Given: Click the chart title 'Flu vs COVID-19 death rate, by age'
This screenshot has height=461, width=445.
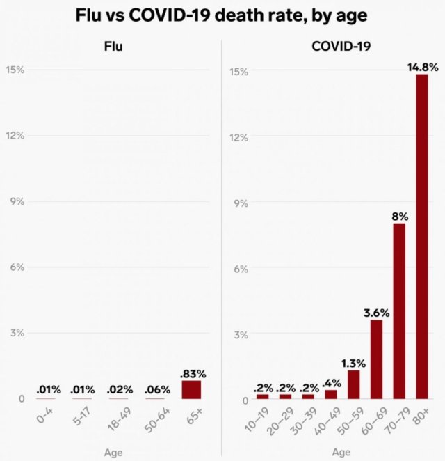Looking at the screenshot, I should point(222,15).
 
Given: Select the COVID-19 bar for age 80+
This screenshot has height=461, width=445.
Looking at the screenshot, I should point(421,236).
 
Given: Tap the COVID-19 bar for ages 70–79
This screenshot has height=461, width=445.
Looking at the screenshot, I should point(398,311).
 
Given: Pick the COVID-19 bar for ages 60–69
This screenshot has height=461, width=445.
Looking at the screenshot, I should point(376,359).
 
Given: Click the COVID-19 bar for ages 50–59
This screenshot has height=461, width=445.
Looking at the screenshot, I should point(353,384).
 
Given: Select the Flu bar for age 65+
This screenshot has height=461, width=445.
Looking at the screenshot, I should point(192,389).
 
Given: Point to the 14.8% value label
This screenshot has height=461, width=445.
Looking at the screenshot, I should point(422,68).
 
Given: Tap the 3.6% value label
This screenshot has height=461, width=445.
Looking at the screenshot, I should point(376,313).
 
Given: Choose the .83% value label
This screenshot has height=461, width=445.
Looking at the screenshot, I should point(193,374).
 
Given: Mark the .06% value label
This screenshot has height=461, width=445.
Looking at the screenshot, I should point(157,391).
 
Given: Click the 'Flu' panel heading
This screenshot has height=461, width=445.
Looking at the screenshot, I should point(114,48).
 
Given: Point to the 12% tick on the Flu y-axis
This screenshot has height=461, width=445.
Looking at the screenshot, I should point(15,135).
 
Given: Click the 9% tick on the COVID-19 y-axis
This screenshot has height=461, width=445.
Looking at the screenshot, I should point(239,203).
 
